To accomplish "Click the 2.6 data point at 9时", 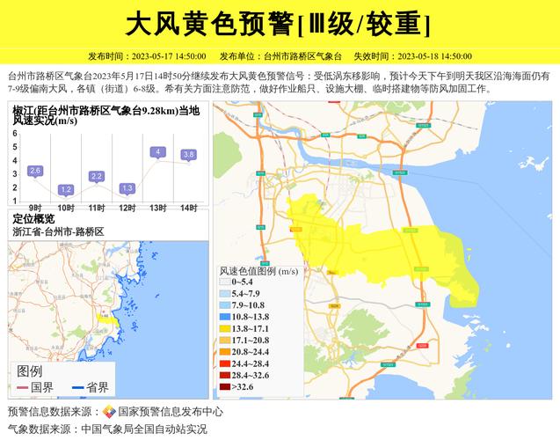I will [x=35, y=170].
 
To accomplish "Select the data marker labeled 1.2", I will [x=66, y=189].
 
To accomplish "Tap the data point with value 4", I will [x=158, y=152].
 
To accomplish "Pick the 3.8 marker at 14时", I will [x=188, y=155].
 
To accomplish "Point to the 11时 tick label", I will [x=97, y=208].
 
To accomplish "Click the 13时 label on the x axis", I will [x=158, y=208].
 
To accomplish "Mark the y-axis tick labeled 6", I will [x=15, y=133].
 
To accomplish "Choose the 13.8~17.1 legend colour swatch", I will [x=225, y=328].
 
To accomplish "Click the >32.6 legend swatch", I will [x=225, y=385].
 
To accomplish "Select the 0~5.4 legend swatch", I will [x=225, y=282].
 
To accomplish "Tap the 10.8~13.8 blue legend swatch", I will [x=225, y=316].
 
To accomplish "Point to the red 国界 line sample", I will [x=22, y=387].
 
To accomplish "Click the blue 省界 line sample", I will [x=77, y=387].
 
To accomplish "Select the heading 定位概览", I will [x=33, y=219].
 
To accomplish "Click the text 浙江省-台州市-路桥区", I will [x=58, y=231].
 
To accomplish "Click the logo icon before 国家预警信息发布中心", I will [x=109, y=412].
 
